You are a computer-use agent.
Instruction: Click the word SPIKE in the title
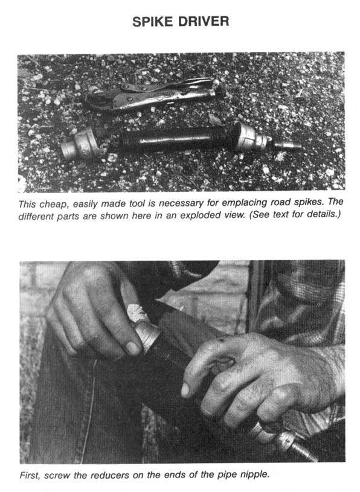tap(153, 22)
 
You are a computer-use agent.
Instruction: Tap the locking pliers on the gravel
tap(153, 94)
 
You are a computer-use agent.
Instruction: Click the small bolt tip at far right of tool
tap(287, 145)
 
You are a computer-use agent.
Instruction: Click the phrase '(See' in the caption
tap(260, 216)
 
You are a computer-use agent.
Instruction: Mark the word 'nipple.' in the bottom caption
tap(254, 474)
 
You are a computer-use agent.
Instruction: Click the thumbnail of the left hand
tap(132, 348)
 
